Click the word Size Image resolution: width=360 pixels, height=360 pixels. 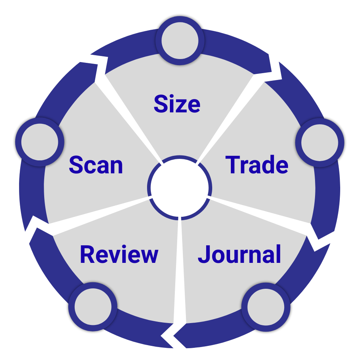(x=177, y=104)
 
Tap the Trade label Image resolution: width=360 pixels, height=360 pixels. (x=257, y=165)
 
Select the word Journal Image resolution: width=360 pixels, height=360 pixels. (x=239, y=254)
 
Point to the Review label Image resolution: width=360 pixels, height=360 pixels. (x=119, y=254)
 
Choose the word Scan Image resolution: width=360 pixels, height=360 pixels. (x=96, y=165)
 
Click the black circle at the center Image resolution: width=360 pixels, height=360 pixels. (x=179, y=187)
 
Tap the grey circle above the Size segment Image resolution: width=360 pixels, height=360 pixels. (x=180, y=41)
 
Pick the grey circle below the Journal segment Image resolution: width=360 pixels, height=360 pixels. (x=266, y=307)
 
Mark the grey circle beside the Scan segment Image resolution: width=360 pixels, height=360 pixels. (x=40, y=142)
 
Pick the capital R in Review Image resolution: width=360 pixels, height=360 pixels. (x=87, y=254)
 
